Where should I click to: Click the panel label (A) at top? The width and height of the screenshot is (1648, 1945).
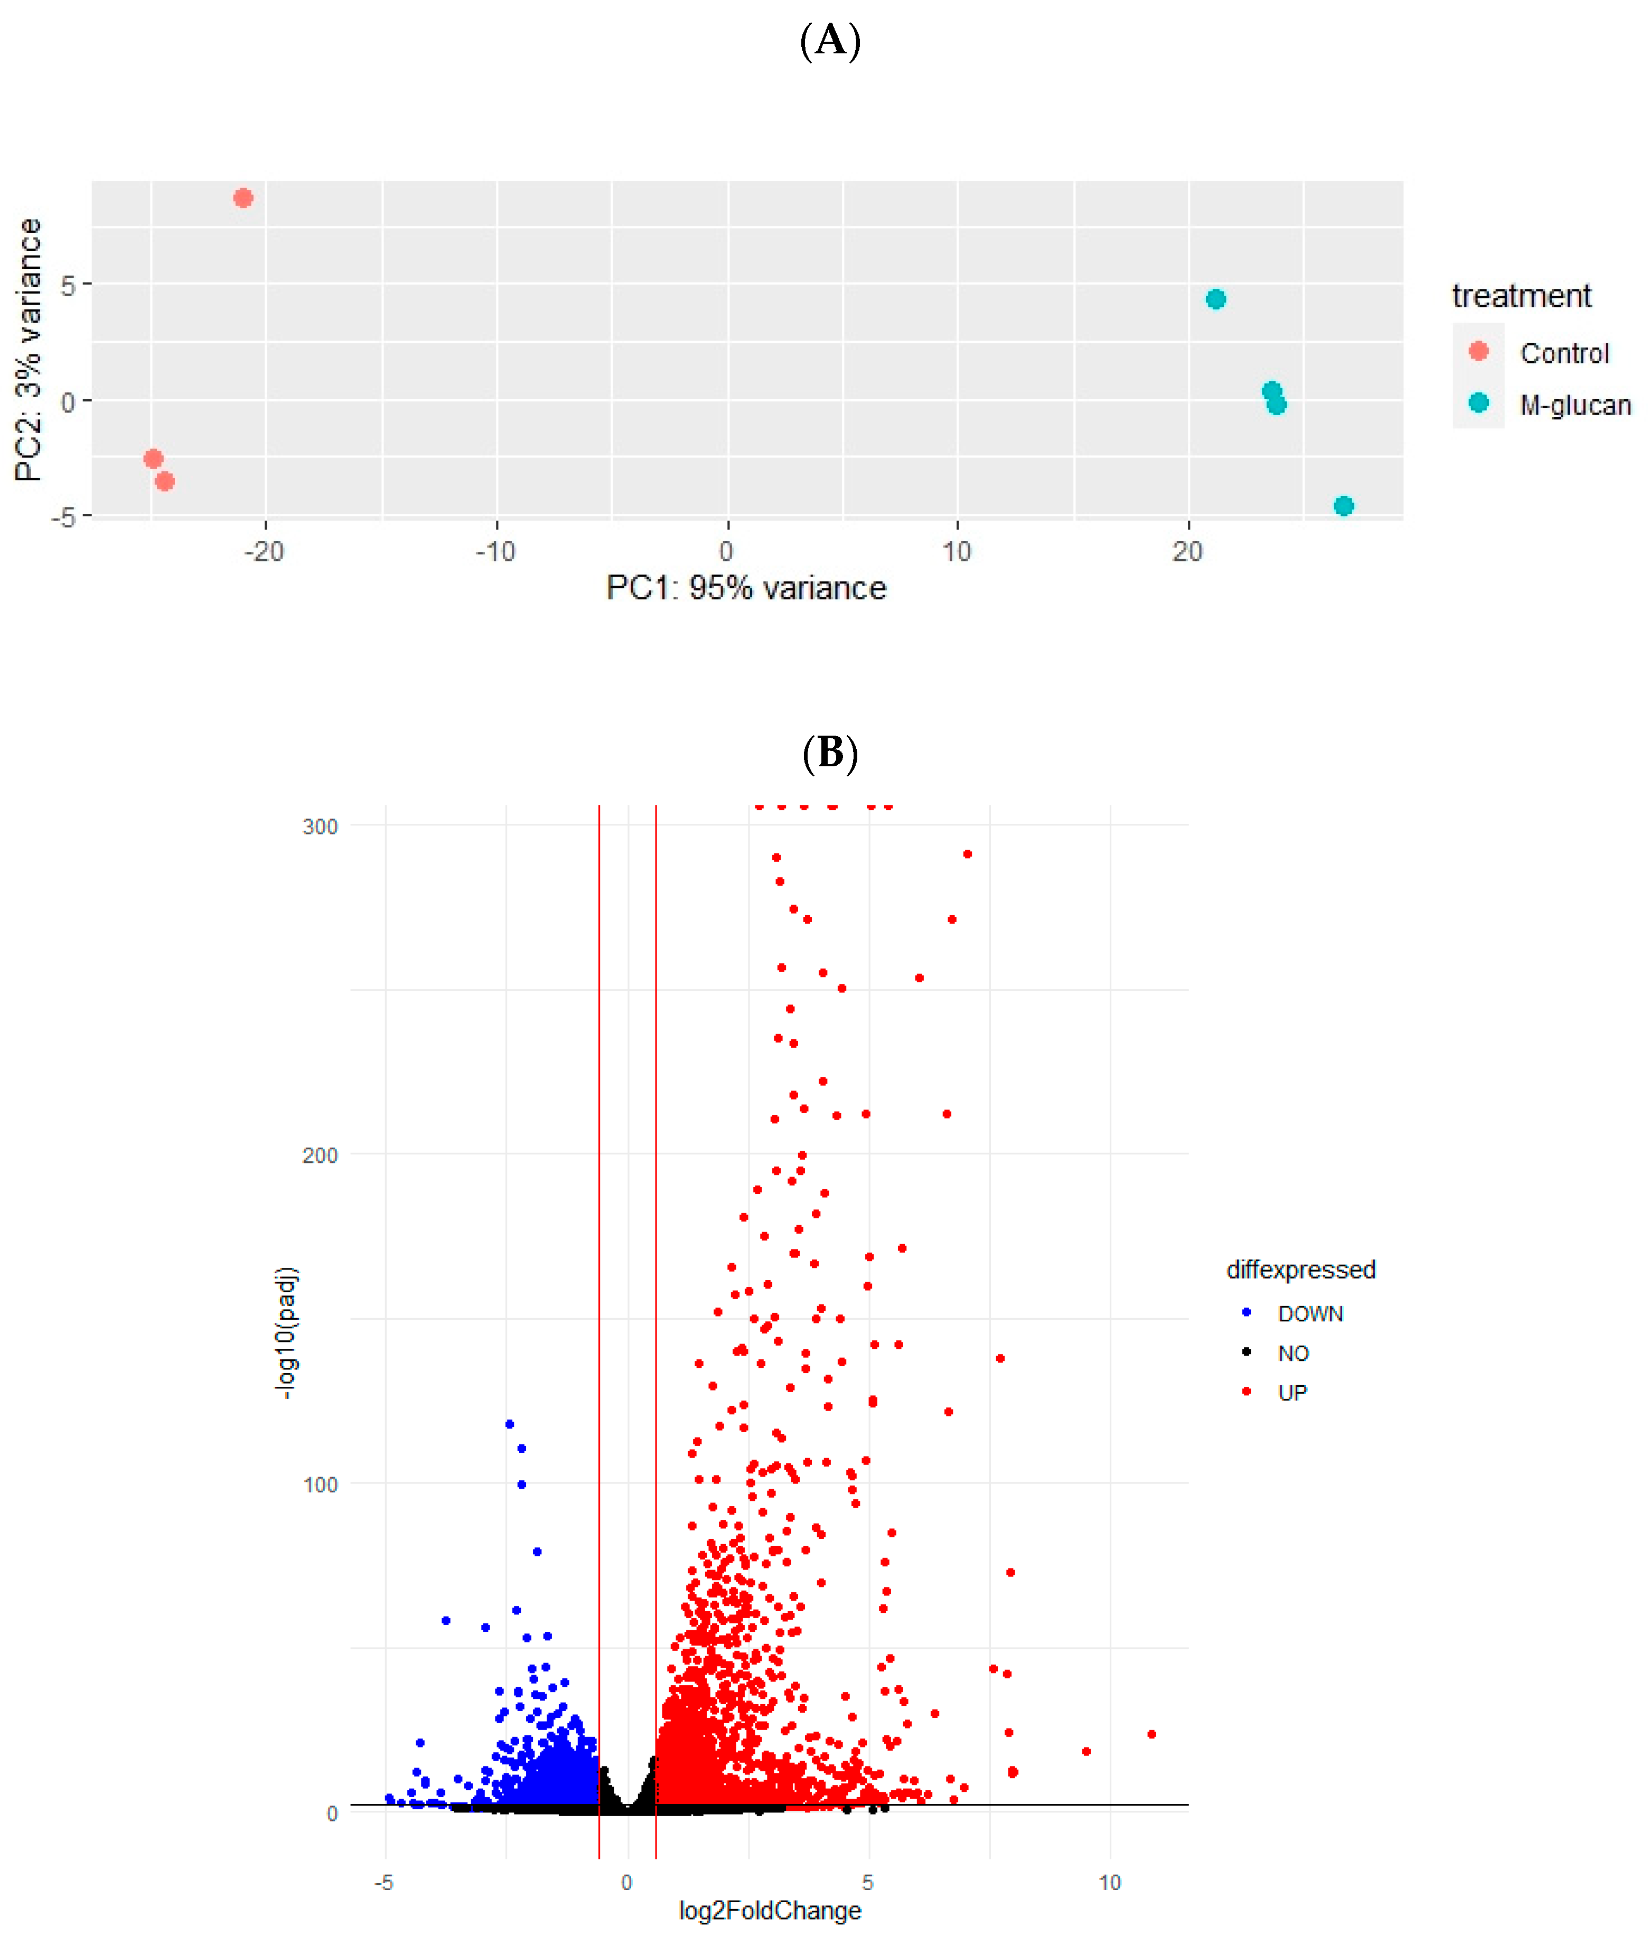[x=830, y=41]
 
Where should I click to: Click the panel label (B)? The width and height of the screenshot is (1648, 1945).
[x=830, y=753]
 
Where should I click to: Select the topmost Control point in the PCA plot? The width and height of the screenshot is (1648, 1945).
[x=243, y=198]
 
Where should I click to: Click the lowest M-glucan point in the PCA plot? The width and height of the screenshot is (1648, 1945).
[x=1343, y=506]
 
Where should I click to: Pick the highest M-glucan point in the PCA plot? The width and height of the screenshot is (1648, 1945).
[x=1215, y=299]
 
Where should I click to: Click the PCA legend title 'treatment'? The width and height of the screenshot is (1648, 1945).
[x=1521, y=296]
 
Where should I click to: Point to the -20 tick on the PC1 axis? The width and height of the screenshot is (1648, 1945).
[x=265, y=551]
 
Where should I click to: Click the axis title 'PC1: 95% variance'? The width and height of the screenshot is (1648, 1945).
[x=745, y=588]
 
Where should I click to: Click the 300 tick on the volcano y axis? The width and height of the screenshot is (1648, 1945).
[x=320, y=827]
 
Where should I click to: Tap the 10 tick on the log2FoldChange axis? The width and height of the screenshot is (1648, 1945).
[x=1109, y=1882]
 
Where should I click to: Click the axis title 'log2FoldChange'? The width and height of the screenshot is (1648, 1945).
[x=770, y=1911]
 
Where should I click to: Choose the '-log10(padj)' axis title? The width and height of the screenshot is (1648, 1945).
[x=286, y=1332]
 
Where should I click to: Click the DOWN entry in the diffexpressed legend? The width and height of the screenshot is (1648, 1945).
[x=1310, y=1313]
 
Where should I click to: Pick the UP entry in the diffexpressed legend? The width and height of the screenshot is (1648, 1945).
[x=1292, y=1393]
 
